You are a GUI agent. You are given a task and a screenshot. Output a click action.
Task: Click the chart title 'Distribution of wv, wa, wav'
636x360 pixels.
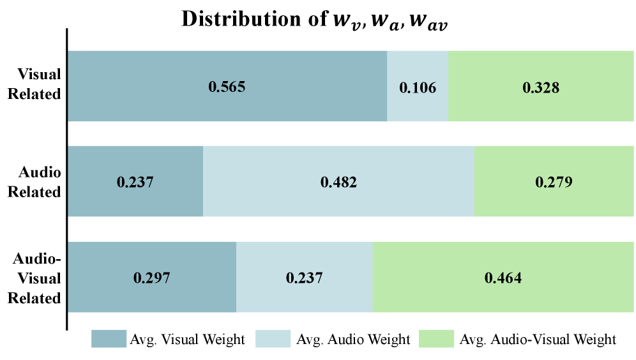point(317,19)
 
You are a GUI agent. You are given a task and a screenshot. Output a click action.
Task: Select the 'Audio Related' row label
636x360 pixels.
point(39,182)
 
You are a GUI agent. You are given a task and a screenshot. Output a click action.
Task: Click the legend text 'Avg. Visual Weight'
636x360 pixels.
point(188,339)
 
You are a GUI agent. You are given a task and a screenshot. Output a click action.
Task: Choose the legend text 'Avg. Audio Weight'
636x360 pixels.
point(353,339)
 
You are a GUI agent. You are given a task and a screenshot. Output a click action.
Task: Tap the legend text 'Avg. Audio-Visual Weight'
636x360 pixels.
point(538,339)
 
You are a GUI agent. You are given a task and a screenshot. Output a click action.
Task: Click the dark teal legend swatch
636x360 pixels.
point(109,339)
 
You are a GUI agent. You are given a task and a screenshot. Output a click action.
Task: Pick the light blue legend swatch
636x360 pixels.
point(273,339)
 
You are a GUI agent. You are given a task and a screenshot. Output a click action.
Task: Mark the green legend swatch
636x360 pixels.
point(436,339)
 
